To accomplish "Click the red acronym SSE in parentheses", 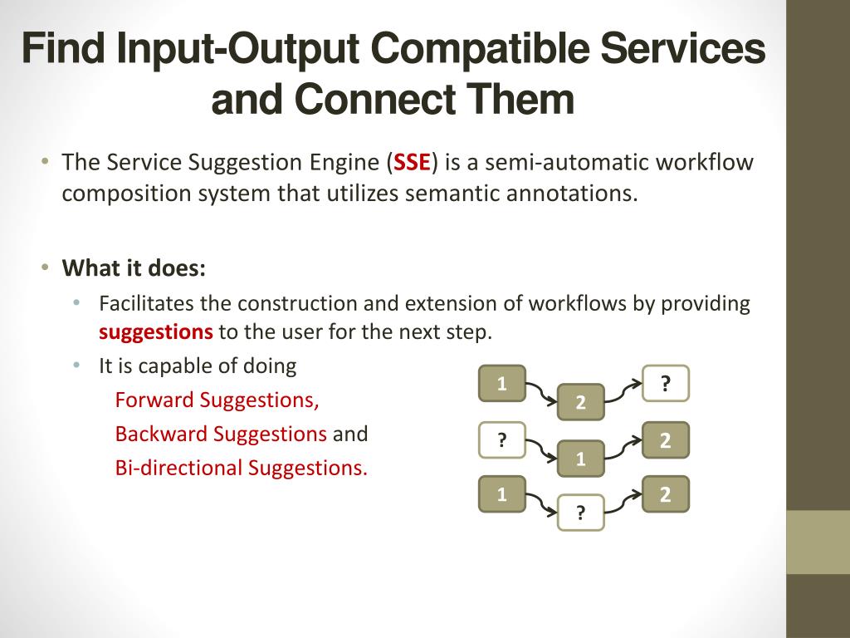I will [412, 162].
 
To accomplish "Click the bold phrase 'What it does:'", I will [134, 268].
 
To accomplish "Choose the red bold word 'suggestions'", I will [156, 332].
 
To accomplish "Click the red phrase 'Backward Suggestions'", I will [221, 434].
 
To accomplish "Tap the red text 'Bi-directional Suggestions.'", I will [242, 468].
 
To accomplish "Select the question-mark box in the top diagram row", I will [666, 384].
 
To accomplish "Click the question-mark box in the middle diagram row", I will [501, 440].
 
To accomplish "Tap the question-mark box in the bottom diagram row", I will [580, 513].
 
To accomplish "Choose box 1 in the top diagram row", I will [501, 384].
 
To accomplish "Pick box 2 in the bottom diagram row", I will [666, 495].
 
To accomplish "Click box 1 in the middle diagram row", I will [580, 459].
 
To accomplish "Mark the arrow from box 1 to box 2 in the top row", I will [540, 393].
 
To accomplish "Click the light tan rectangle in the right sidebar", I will [818, 542].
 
